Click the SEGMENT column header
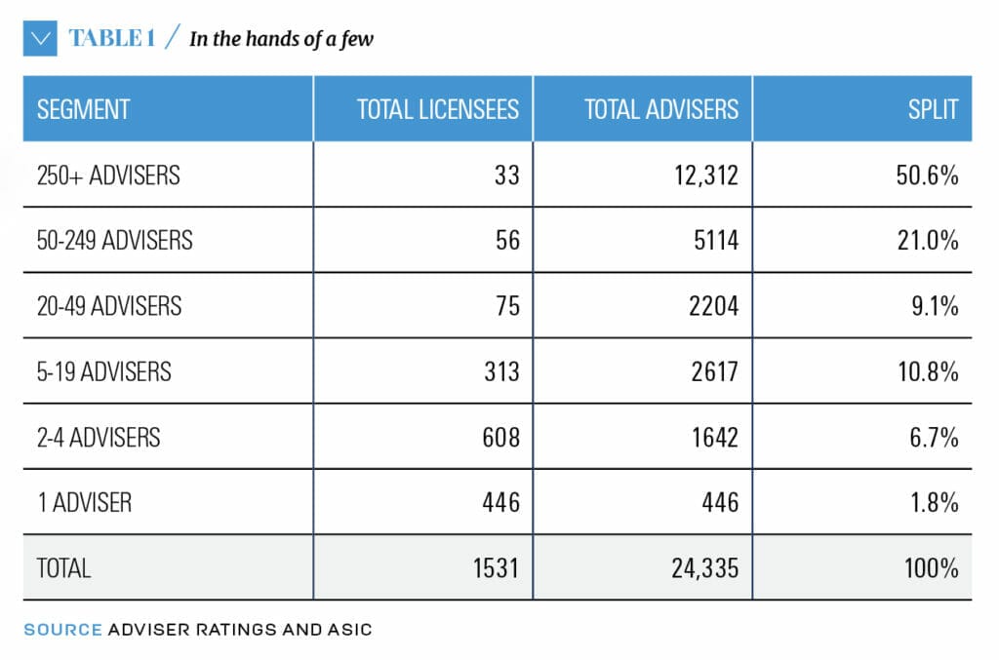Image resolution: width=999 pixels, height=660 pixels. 83,108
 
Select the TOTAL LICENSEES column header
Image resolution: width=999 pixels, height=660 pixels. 438,108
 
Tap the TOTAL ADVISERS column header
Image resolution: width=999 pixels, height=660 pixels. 661,108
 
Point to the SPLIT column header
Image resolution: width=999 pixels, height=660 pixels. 933,108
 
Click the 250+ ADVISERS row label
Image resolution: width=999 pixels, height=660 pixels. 108,175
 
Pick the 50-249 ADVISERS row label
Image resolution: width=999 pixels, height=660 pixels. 114,240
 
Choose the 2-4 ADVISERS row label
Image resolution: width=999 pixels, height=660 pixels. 98,437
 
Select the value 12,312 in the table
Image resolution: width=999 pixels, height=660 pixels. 700,175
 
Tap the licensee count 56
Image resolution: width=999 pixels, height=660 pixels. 506,240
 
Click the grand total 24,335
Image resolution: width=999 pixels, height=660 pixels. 700,567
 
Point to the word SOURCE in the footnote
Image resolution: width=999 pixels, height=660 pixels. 62,629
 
